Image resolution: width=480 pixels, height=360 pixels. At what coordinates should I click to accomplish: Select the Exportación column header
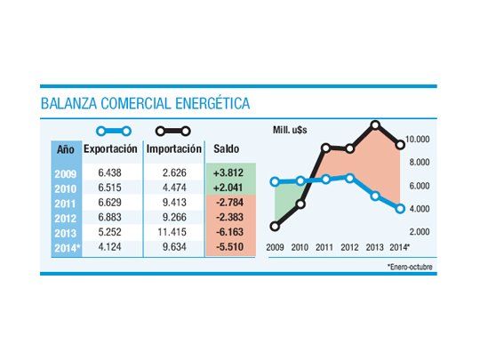(110, 148)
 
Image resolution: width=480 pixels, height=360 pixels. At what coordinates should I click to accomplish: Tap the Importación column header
(174, 148)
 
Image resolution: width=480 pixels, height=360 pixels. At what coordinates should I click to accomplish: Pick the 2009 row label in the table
(66, 172)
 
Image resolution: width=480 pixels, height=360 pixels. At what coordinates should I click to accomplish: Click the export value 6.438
(110, 172)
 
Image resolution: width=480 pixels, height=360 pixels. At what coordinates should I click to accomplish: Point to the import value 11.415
(175, 232)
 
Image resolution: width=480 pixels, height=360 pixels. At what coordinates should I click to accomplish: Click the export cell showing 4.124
(110, 247)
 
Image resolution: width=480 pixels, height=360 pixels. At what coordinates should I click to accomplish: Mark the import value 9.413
(175, 202)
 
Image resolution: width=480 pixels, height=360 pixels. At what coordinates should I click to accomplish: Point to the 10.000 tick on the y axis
(419, 140)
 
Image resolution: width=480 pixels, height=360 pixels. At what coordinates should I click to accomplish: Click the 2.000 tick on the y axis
(420, 231)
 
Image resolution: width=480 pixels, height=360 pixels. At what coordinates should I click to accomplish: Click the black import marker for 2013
(376, 125)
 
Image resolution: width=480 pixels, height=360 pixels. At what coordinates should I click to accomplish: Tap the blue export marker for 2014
(401, 209)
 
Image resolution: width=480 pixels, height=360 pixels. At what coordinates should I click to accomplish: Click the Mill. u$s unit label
(300, 131)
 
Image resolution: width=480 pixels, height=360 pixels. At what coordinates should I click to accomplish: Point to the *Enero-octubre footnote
(411, 266)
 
